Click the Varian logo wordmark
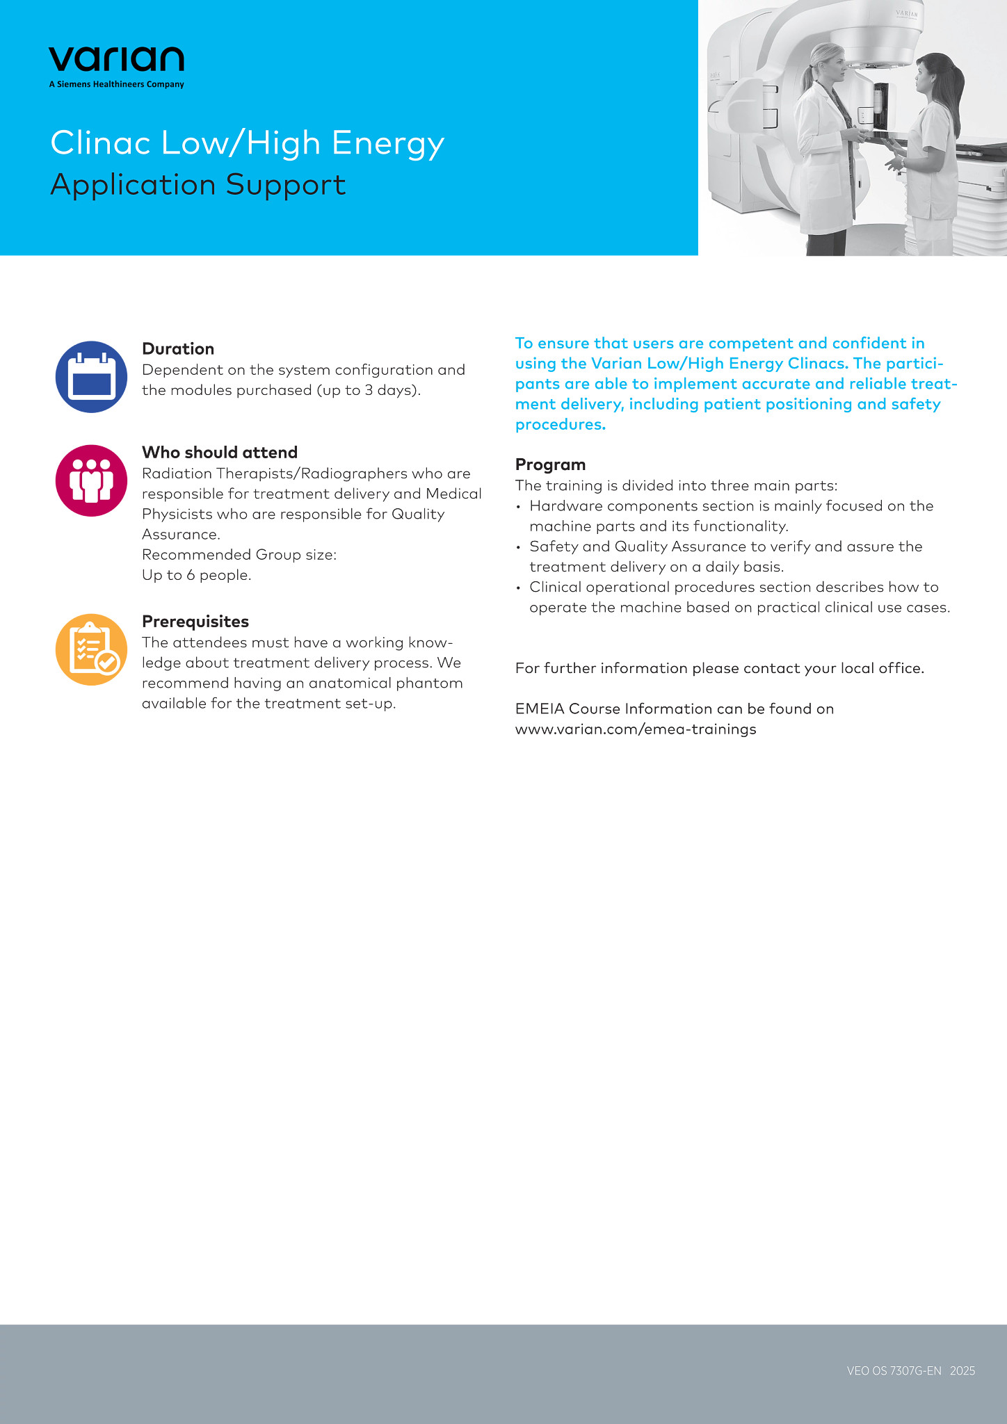coord(116,60)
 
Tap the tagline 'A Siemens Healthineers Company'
coord(116,85)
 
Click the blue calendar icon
coord(91,377)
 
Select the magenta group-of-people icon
coord(91,480)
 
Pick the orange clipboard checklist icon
coord(91,649)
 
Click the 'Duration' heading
coord(178,349)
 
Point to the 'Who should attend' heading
coord(220,453)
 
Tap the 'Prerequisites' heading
coord(195,622)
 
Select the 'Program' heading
coord(550,464)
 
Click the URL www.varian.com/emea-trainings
coord(636,729)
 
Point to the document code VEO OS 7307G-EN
coord(894,1371)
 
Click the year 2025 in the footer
coord(962,1371)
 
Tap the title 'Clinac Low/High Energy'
coord(247,143)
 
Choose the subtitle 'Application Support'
coord(198,185)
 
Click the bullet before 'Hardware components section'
coord(518,507)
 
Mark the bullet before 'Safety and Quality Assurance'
coord(518,547)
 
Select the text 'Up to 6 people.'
coord(197,575)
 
